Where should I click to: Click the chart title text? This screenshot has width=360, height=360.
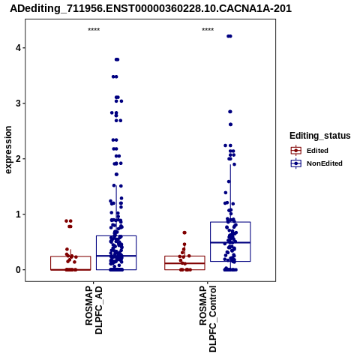coord(151,9)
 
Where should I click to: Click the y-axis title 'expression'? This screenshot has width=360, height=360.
coord(8,150)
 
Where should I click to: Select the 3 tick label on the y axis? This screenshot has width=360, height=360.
coord(18,103)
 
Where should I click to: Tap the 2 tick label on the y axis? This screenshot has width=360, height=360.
coord(18,159)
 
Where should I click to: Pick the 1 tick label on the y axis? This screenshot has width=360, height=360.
coord(18,214)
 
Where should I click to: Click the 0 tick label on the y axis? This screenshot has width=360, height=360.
coord(18,270)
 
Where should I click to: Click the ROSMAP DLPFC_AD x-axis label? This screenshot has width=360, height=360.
coord(94,310)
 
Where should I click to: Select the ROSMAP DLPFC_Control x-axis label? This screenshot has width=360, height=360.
coord(208,319)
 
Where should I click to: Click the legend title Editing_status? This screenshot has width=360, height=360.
coord(320,136)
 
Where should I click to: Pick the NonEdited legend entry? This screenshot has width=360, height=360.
coord(316,163)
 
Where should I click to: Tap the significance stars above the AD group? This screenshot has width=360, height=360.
coord(94,30)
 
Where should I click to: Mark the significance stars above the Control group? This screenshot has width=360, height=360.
coord(208,30)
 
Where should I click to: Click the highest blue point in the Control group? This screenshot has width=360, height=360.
coord(229,36)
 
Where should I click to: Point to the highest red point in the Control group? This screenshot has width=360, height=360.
coord(184,232)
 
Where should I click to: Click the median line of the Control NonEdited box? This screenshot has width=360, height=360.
coord(230,242)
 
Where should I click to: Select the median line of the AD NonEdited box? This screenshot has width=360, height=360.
coord(116,256)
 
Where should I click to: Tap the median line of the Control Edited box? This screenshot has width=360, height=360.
coord(184,263)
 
